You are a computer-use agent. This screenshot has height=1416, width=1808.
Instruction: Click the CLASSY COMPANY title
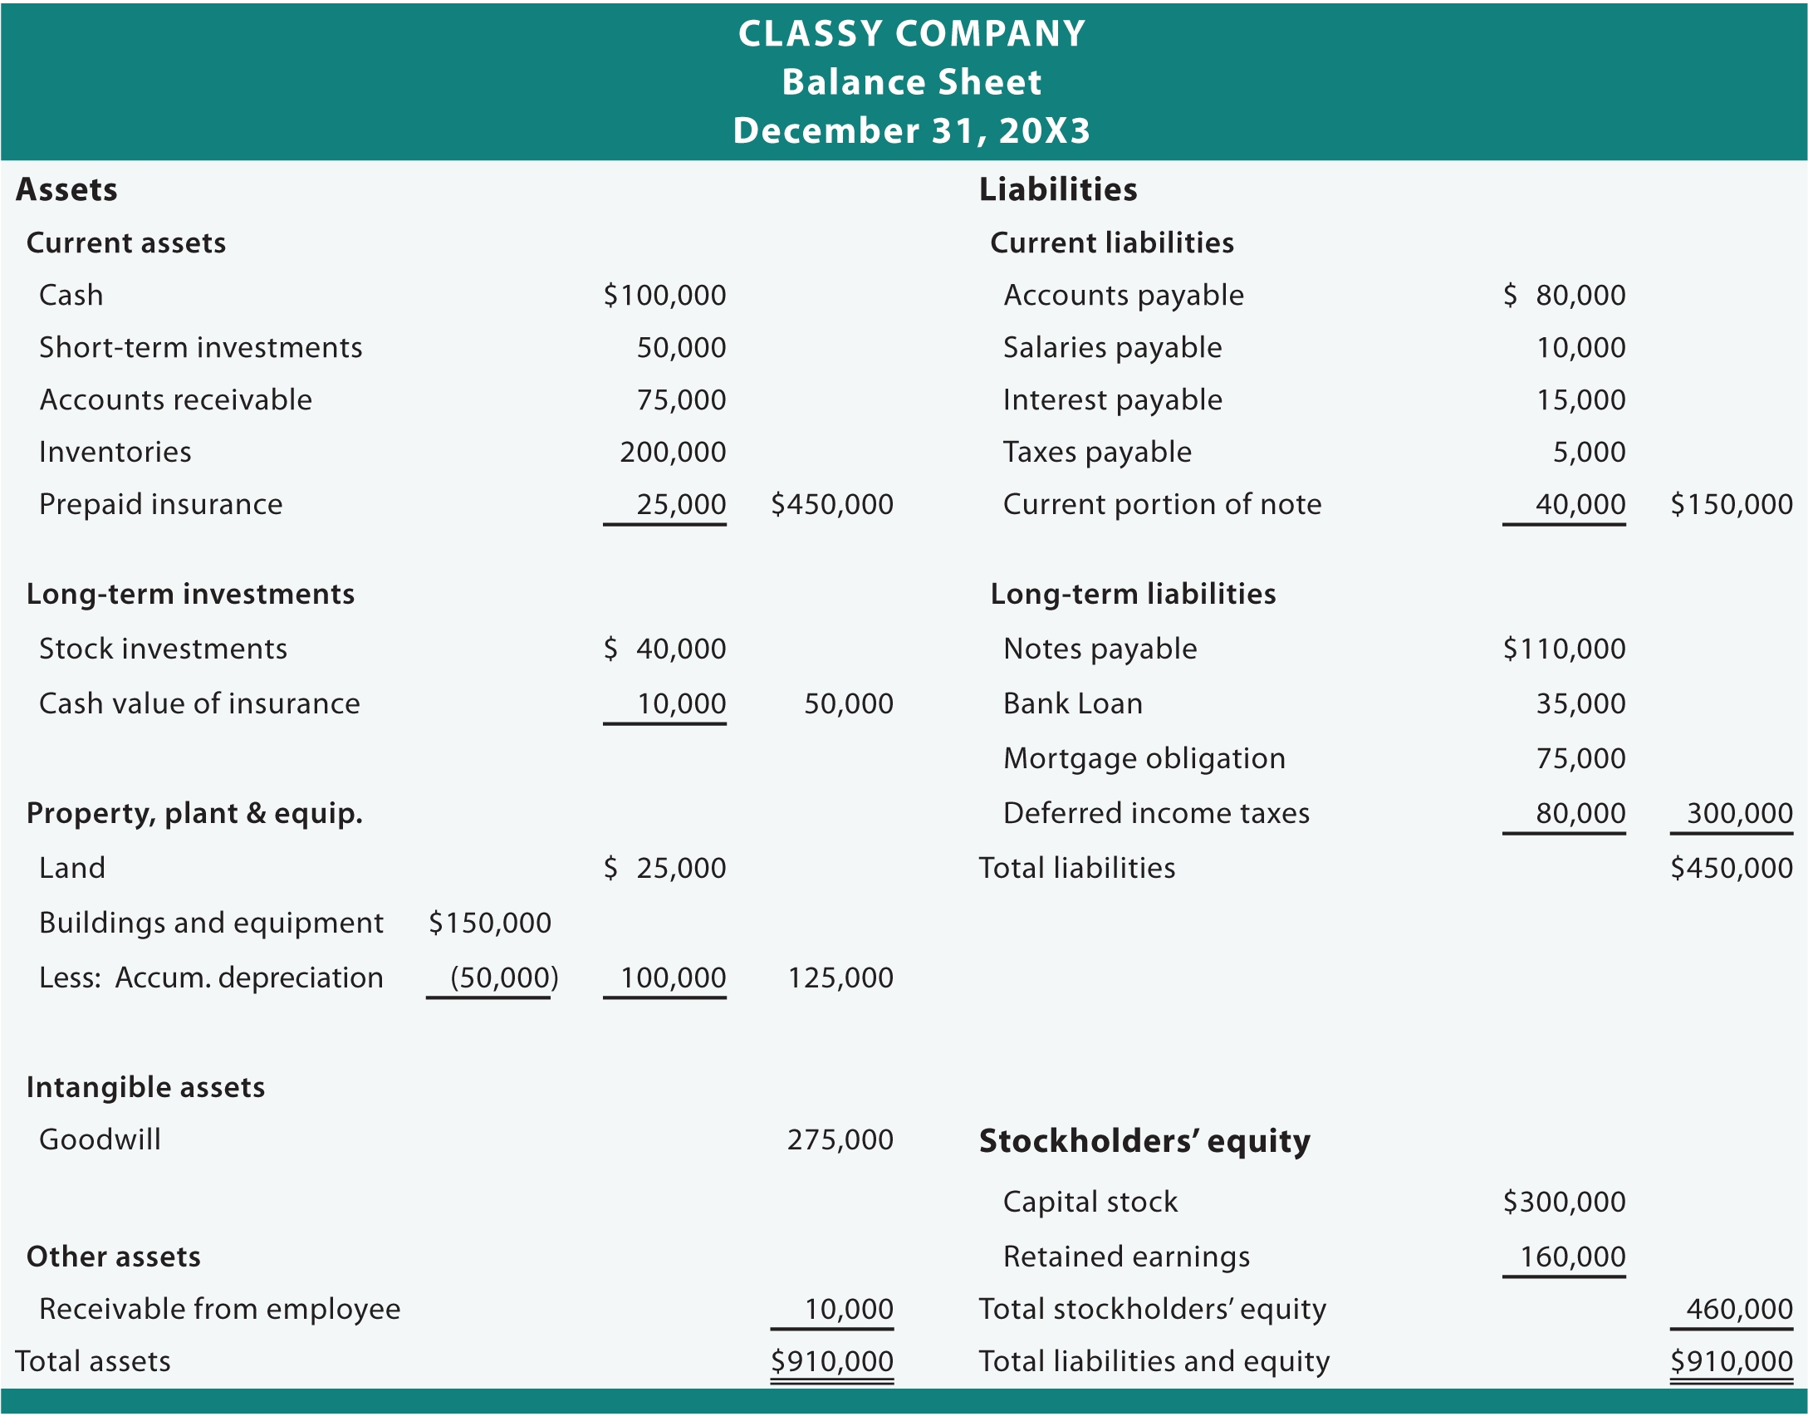point(911,34)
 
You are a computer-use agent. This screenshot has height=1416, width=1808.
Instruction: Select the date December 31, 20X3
point(911,130)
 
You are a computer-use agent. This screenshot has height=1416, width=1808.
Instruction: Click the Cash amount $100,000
point(664,295)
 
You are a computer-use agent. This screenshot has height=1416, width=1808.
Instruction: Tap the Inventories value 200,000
point(673,452)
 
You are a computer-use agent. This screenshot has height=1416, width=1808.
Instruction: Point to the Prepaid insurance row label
point(160,504)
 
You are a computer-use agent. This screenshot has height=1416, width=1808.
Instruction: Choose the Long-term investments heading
point(190,594)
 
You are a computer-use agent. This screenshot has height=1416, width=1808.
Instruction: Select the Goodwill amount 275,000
point(840,1139)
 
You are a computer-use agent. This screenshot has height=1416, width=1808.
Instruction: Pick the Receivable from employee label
point(219,1309)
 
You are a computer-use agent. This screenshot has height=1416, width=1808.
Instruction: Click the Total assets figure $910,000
point(831,1361)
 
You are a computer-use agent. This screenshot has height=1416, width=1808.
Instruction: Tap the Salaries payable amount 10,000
point(1580,347)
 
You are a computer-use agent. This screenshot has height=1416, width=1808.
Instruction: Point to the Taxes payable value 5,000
point(1589,452)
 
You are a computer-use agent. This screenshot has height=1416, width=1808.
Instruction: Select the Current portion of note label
point(1162,504)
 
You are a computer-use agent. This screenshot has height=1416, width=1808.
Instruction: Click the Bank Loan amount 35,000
point(1580,703)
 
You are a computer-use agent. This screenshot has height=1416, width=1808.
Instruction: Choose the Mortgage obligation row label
point(1144,758)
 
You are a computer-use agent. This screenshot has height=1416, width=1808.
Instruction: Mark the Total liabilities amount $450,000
point(1731,868)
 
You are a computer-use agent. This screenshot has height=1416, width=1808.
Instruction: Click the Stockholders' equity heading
point(1144,1141)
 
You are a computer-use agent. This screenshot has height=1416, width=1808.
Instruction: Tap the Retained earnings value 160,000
point(1572,1257)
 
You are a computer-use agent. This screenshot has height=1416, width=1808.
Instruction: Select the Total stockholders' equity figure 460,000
point(1739,1309)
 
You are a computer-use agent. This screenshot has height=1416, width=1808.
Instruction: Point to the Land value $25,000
point(664,868)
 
